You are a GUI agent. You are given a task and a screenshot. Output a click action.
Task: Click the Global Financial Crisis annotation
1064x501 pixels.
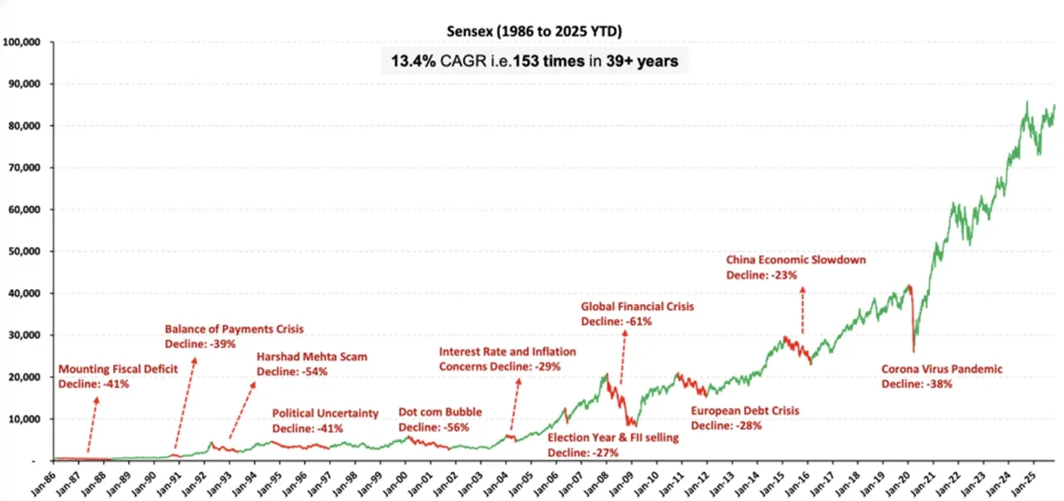point(637,307)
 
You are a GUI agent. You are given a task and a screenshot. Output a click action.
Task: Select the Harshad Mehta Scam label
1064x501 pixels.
point(312,357)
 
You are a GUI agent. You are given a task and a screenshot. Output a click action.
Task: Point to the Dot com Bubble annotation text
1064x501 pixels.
point(440,412)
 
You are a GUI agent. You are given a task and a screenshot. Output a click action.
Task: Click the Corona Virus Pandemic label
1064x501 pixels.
point(942,370)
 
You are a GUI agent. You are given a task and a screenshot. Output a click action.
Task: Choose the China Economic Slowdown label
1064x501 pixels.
point(796,260)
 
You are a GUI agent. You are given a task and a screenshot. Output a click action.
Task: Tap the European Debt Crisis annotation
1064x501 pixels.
point(745,410)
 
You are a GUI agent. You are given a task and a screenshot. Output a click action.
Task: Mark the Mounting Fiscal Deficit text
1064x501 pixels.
point(118,368)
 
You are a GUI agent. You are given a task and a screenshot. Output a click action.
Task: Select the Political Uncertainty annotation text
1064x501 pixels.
point(325,413)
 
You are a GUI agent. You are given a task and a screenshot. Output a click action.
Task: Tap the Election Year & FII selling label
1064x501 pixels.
point(613,438)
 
